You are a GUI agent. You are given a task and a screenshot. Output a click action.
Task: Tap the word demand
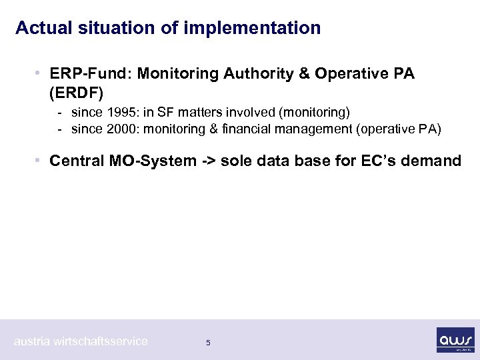coord(437,161)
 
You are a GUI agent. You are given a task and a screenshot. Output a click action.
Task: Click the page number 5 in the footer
coord(208,343)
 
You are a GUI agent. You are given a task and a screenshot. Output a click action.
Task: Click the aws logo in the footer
coord(455,339)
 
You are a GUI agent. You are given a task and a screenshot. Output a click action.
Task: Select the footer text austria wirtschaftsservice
coord(81,341)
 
